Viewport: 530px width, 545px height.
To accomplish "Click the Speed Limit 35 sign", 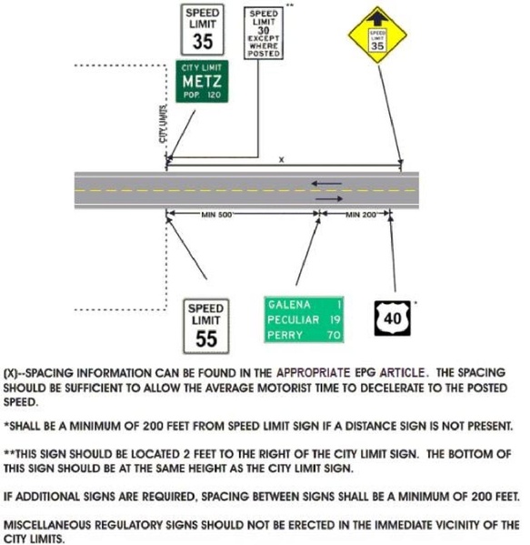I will (203, 28).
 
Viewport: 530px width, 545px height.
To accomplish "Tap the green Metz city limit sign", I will (203, 83).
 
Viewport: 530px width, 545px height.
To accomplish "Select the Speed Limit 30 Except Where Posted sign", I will (265, 34).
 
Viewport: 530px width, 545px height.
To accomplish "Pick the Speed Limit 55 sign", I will (205, 326).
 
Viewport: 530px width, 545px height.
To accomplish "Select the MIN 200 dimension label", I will (355, 214).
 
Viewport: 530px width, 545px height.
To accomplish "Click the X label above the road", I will (281, 159).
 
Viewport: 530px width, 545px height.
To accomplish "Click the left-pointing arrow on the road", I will (327, 184).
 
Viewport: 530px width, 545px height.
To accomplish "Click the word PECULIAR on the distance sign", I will (293, 319).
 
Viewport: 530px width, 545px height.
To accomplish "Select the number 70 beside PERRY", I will (334, 335).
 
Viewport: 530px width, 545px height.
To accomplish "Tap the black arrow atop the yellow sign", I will (376, 18).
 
